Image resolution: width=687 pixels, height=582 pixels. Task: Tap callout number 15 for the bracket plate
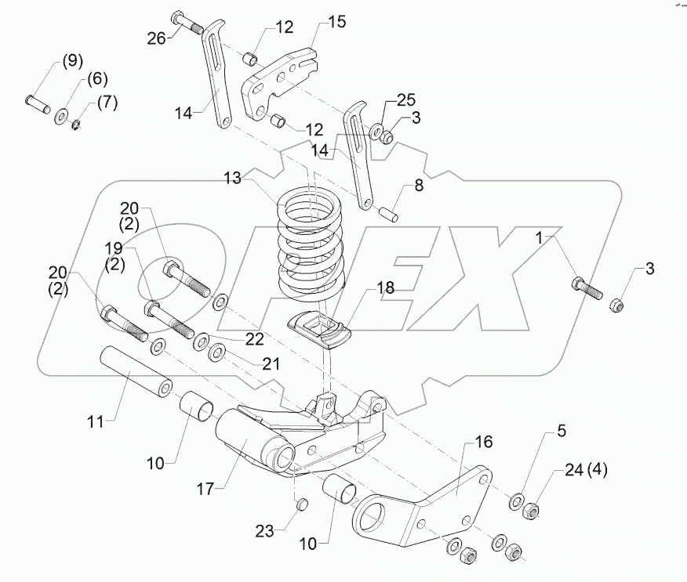(x=336, y=21)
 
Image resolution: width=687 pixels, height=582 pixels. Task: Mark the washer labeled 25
(x=377, y=130)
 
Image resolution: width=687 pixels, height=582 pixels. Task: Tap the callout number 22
(x=253, y=338)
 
